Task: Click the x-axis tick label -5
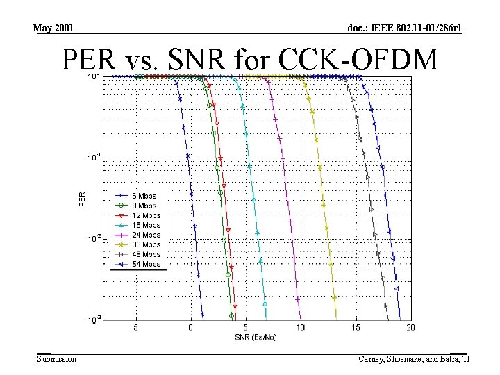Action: click(x=135, y=327)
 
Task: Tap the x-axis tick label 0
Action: click(x=191, y=327)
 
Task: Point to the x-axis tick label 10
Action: click(x=300, y=327)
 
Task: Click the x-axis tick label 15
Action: click(x=356, y=327)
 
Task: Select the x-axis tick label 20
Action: click(x=410, y=327)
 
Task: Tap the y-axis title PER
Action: click(x=82, y=199)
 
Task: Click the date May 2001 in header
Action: click(x=53, y=28)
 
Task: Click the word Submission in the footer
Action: click(x=57, y=358)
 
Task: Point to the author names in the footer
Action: click(x=414, y=358)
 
